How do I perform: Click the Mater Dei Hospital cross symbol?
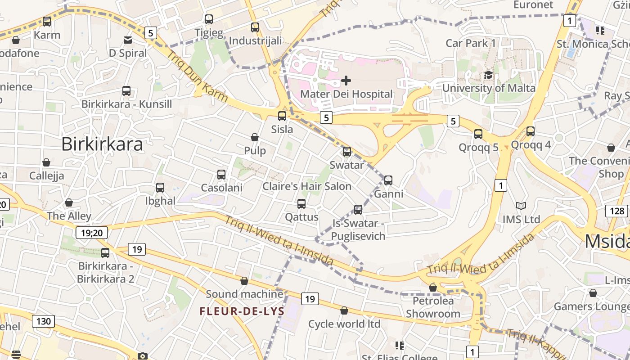[346, 81]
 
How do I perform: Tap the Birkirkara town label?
[102, 144]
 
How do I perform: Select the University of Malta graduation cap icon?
[488, 75]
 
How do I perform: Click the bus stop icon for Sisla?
[282, 116]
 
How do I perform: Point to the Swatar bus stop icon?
[347, 152]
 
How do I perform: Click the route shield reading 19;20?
[92, 233]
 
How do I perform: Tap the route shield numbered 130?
[44, 321]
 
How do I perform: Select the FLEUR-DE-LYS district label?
[242, 311]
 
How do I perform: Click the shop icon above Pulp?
[255, 137]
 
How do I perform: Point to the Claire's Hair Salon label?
[307, 186]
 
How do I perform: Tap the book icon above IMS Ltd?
[521, 206]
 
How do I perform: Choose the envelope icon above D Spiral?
[128, 40]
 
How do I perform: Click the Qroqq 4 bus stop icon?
[531, 131]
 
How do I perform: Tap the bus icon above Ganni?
[388, 180]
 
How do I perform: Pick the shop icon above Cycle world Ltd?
[344, 310]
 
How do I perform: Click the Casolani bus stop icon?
[221, 175]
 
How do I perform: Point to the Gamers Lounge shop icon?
[593, 293]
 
